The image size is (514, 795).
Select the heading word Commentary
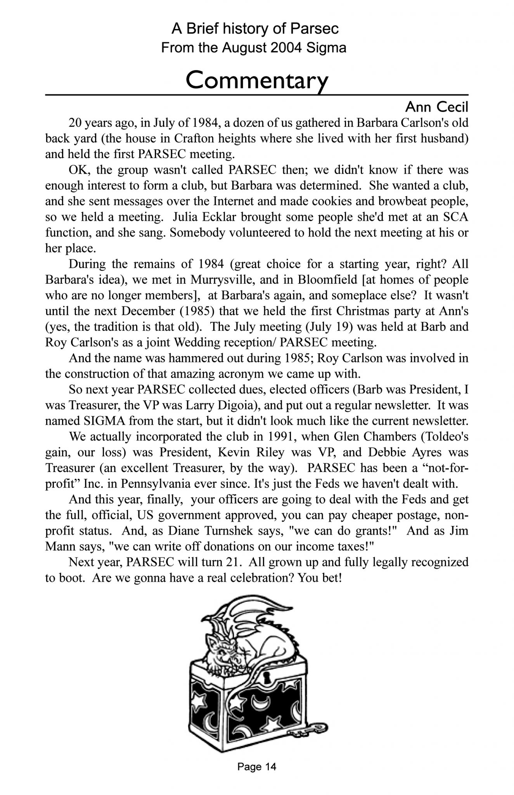[x=257, y=81]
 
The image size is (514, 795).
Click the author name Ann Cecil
[x=436, y=106]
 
